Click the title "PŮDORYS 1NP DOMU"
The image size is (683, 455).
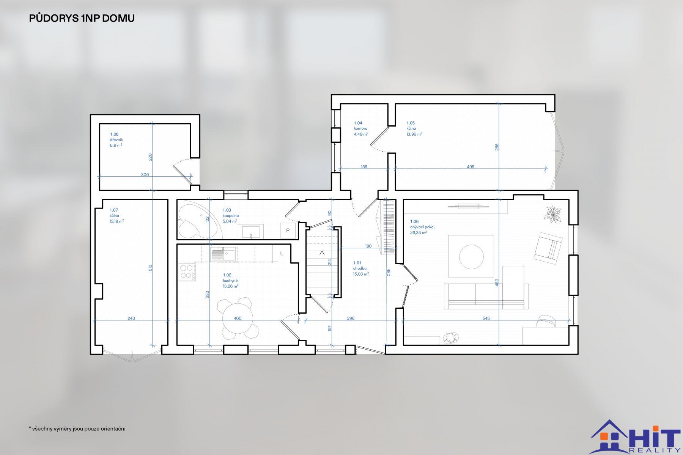point(82,18)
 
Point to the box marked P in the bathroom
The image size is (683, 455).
point(288,230)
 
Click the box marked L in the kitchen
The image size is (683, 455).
point(282,254)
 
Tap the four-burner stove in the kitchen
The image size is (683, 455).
point(187,272)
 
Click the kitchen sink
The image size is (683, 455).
point(223,254)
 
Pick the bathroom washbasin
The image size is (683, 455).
point(251,231)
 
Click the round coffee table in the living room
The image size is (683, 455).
point(472,256)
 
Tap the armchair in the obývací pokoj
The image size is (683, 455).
point(548,248)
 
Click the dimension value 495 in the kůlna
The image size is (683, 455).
point(471,167)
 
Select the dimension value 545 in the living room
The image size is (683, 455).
point(486,318)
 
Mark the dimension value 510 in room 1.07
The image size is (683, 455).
point(150,268)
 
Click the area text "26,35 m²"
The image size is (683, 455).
point(419,233)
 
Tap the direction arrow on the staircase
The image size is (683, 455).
point(322,253)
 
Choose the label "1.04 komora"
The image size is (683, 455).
point(360,126)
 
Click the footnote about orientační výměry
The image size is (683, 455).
point(77,429)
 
